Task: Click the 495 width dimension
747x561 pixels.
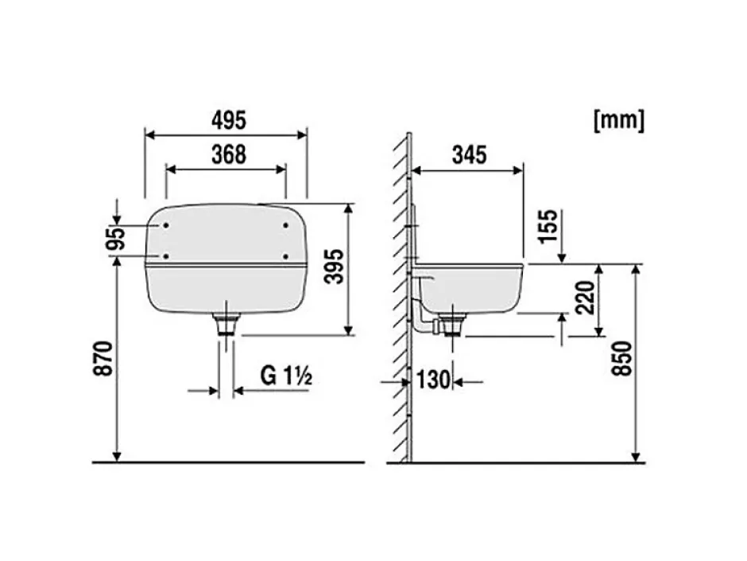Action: click(229, 120)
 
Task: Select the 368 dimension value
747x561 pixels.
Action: click(229, 154)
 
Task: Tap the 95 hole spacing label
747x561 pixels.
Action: click(116, 239)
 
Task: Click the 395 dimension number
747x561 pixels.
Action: click(334, 267)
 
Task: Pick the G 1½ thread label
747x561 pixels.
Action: click(286, 376)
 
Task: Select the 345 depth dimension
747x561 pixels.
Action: click(469, 155)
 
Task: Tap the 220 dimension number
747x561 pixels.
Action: click(586, 298)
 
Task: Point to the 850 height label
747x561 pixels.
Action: click(622, 358)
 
